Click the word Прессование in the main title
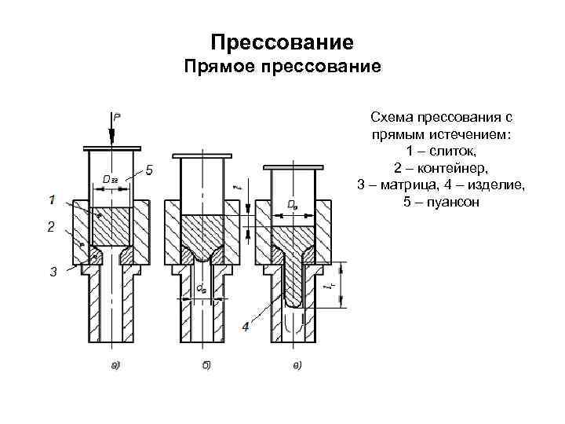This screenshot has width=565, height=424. tap(282, 39)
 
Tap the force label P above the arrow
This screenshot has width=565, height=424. tap(118, 116)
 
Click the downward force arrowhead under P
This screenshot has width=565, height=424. tap(113, 141)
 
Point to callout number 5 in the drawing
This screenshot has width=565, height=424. tap(150, 170)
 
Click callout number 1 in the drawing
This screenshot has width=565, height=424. tap(51, 200)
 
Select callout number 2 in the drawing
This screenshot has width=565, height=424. tap(51, 227)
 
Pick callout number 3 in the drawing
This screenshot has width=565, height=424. tap(53, 272)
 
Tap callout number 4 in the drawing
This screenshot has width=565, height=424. tap(246, 325)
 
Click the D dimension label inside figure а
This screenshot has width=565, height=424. tap(110, 180)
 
